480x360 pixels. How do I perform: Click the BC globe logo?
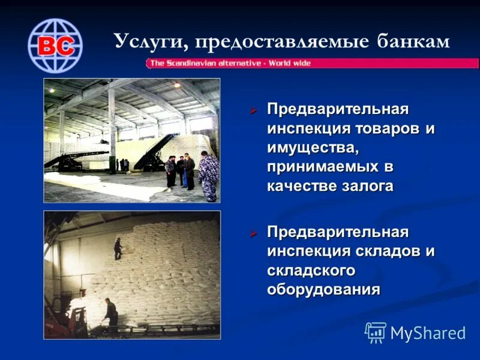click(55, 46)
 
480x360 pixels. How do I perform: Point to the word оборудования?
click(323, 290)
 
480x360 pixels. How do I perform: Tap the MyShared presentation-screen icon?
click(376, 332)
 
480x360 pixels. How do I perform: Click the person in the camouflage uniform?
click(208, 176)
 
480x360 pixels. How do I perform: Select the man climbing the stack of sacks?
click(118, 248)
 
